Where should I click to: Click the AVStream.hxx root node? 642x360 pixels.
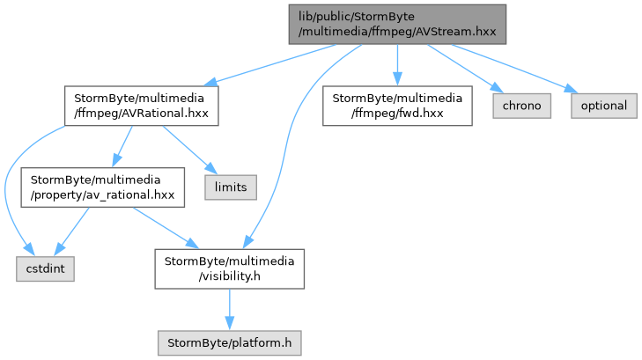tap(397, 24)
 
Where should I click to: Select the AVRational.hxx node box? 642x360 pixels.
tap(141, 106)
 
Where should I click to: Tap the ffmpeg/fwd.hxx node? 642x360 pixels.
tap(397, 106)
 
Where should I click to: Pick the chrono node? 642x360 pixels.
tap(521, 106)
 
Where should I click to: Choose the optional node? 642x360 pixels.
tap(604, 106)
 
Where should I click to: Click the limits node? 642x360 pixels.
tap(231, 187)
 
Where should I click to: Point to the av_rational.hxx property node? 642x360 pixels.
tap(103, 187)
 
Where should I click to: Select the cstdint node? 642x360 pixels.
tap(45, 268)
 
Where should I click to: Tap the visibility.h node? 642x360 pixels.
tap(229, 268)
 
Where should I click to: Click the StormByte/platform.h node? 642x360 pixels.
tap(229, 342)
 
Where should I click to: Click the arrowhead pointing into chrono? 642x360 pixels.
tap(498, 88)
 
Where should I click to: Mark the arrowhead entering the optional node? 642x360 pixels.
tap(572, 89)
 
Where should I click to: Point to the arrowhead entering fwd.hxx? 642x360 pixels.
tap(397, 78)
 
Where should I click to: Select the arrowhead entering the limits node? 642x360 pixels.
tap(211, 168)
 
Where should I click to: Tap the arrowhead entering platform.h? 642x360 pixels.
tap(229, 323)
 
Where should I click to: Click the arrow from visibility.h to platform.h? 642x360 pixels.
tap(229, 310)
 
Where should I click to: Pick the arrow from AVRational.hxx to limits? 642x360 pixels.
tap(189, 150)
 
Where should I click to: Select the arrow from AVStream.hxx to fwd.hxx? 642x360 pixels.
tap(397, 65)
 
